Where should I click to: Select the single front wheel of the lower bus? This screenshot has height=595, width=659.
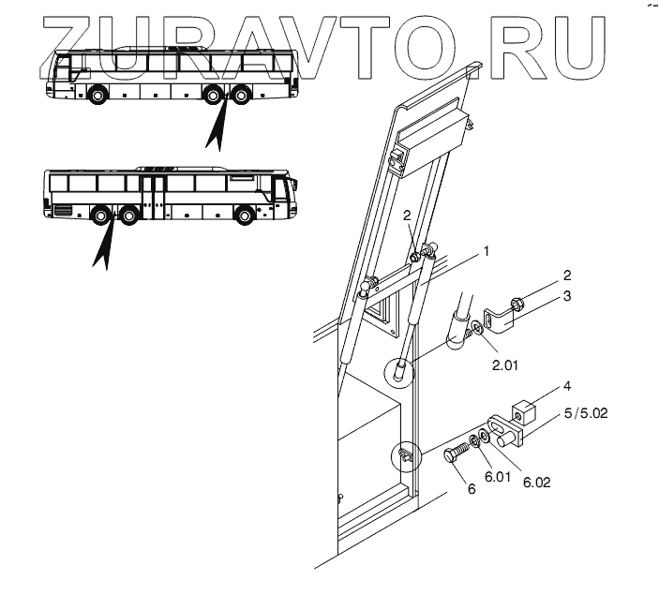(x=247, y=216)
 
